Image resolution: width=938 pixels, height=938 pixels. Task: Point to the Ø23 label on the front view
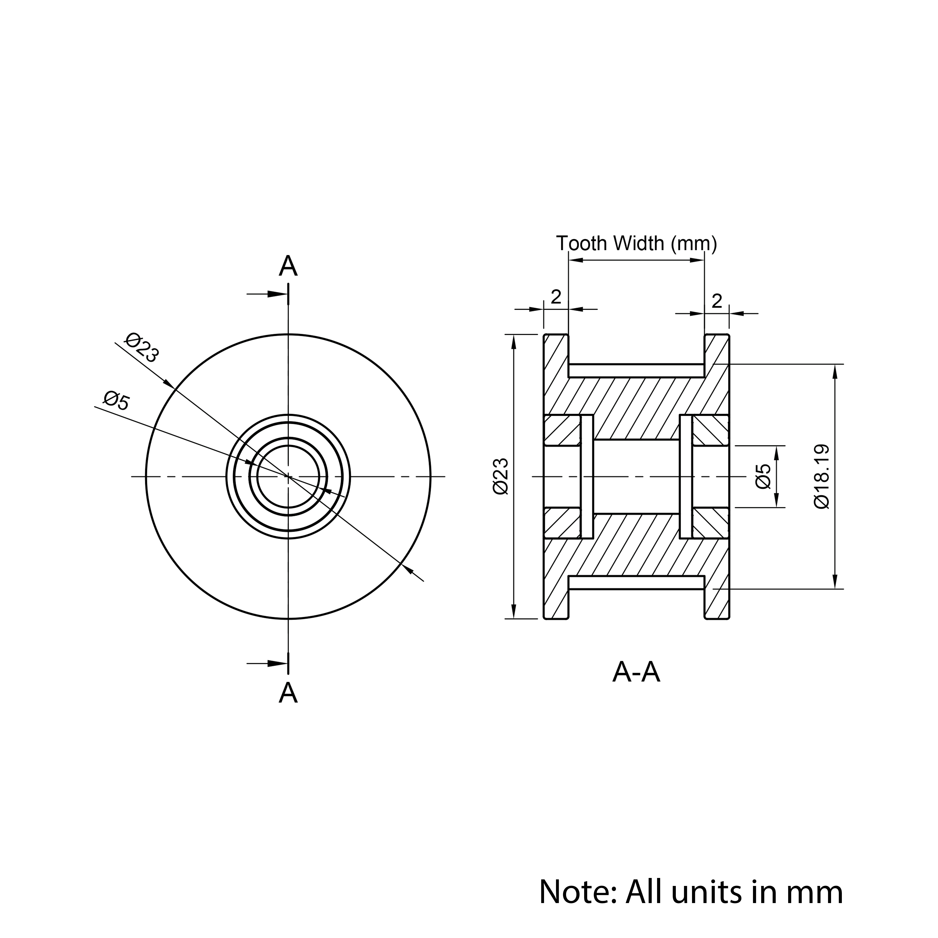pyautogui.click(x=142, y=348)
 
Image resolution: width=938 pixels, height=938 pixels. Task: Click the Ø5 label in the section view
pyautogui.click(x=763, y=476)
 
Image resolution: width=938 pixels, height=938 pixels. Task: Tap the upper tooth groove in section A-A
pyautogui.click(x=636, y=371)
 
